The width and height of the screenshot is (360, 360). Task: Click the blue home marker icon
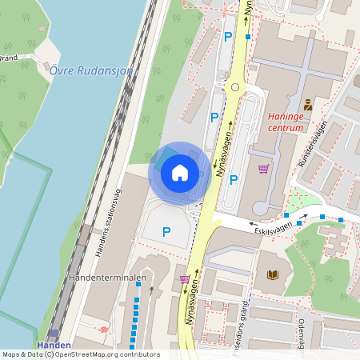[179, 172]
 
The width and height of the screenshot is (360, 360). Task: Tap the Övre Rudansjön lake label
[91, 70]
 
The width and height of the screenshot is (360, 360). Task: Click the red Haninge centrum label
[286, 121]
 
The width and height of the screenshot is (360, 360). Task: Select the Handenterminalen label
[107, 278]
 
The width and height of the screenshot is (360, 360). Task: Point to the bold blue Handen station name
[54, 346]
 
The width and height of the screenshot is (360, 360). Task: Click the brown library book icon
[273, 275]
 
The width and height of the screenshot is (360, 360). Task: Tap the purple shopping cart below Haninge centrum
[263, 169]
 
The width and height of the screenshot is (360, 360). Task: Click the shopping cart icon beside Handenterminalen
[185, 278]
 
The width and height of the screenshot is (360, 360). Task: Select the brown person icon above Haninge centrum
[308, 104]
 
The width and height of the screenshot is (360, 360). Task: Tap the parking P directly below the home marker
[166, 232]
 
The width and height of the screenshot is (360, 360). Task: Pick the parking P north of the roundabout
[228, 36]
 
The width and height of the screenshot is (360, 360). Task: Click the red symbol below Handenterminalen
[102, 330]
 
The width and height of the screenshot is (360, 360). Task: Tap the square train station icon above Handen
[54, 334]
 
